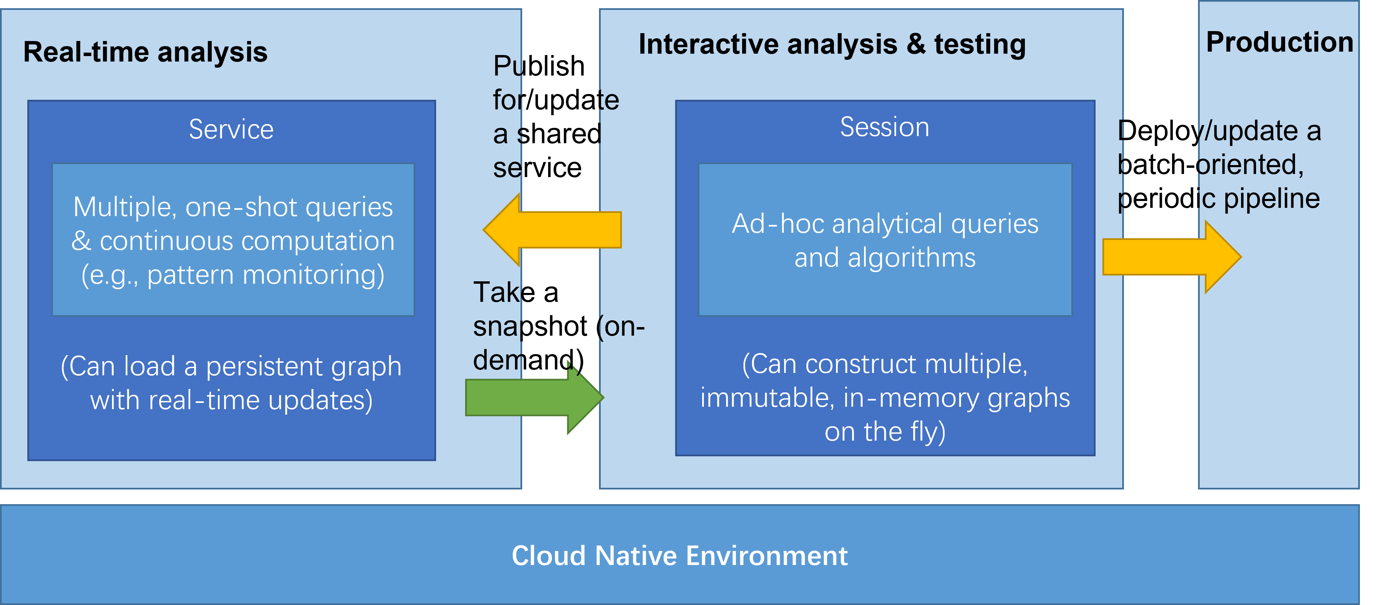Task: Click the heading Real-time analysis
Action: coord(145,53)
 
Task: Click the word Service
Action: coord(231,130)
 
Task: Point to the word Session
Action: coord(884,127)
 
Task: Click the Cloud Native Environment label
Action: coord(679,556)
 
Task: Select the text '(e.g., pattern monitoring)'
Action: coord(233,275)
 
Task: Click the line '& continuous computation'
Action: coord(233,241)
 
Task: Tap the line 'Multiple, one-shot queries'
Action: coord(233,207)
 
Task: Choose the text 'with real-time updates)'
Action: coord(231,401)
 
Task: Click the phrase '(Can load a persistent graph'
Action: coord(231,367)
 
